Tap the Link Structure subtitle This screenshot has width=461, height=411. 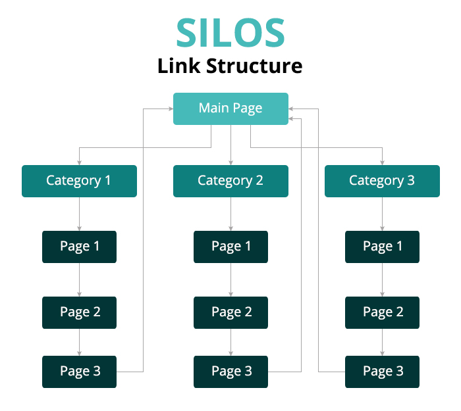[x=230, y=66]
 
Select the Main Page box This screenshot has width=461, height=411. [x=230, y=109]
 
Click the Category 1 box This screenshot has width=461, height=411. [x=79, y=181]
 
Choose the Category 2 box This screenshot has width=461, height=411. [x=230, y=181]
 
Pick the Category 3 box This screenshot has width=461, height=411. [x=382, y=181]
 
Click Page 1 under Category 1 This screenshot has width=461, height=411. [x=79, y=247]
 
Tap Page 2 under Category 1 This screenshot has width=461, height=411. [x=79, y=312]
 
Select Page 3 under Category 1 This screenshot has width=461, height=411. [x=79, y=372]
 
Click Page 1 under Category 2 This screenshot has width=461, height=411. [x=230, y=247]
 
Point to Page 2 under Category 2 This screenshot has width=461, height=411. [x=230, y=312]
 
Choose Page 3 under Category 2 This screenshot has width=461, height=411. [x=230, y=372]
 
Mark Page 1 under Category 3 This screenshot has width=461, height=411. [x=382, y=247]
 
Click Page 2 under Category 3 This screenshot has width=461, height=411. [x=382, y=312]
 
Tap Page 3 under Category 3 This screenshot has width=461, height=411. [x=382, y=372]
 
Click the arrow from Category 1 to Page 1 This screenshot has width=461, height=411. [x=79, y=214]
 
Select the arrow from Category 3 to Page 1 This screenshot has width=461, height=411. [x=382, y=214]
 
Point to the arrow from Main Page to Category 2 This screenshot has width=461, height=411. [x=230, y=145]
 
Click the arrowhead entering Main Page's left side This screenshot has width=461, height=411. [x=169, y=109]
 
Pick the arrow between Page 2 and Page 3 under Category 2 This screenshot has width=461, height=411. [x=230, y=342]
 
